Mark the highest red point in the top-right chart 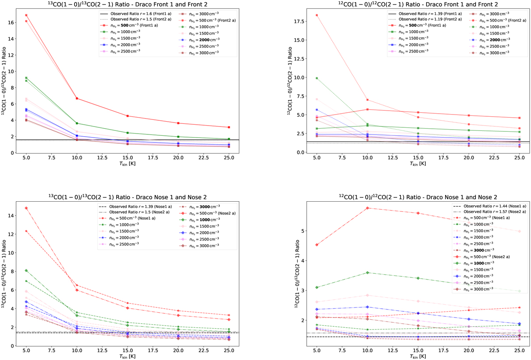(317, 15)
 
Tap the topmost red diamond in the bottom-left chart (27, 208)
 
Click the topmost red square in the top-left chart (27, 15)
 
